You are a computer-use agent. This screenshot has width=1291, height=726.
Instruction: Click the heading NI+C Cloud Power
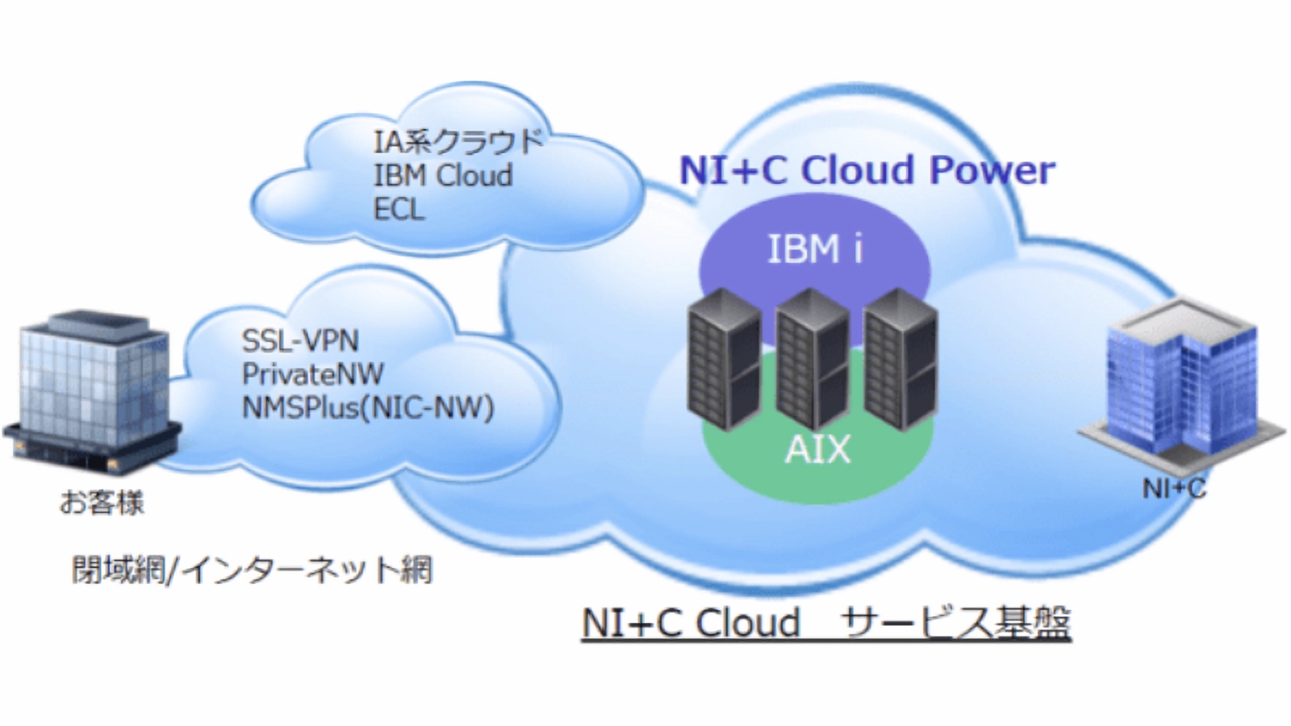click(x=867, y=170)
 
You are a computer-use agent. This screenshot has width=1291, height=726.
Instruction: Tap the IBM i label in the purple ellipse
click(x=814, y=249)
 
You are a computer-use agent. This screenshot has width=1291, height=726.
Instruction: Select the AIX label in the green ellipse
click(x=817, y=450)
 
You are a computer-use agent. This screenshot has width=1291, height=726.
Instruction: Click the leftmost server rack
click(x=724, y=360)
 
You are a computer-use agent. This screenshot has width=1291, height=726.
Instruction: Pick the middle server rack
click(x=812, y=360)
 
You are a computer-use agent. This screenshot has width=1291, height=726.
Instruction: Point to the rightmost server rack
click(x=900, y=360)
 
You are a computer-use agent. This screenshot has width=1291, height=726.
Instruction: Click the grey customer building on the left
click(x=93, y=391)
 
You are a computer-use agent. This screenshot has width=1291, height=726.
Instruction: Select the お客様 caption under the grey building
click(x=102, y=503)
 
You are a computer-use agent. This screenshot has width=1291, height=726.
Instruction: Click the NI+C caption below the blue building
click(x=1173, y=488)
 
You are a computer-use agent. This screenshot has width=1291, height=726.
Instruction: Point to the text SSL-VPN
click(x=300, y=340)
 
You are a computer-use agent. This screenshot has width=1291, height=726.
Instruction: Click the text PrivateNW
click(x=313, y=374)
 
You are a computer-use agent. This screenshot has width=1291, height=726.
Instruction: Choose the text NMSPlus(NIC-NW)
click(x=368, y=407)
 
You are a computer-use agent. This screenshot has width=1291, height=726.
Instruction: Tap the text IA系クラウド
click(x=458, y=142)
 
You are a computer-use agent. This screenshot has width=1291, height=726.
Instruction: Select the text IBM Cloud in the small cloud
click(x=443, y=176)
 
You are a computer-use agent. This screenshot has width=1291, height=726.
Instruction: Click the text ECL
click(x=399, y=210)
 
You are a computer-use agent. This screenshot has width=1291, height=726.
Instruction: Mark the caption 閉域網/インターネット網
click(x=252, y=570)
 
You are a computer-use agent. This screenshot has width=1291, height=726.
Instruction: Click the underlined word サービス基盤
click(x=955, y=623)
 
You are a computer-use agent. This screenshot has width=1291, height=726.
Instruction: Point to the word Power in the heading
click(x=992, y=170)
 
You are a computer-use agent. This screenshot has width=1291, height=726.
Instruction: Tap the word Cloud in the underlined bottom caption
click(x=747, y=623)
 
